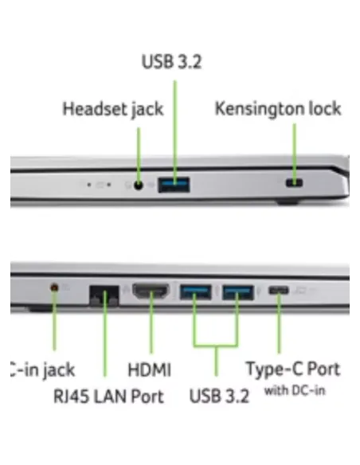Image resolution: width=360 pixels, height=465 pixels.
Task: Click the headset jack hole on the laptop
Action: [x=139, y=186]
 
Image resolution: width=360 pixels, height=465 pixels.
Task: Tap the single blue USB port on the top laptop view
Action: [x=174, y=185]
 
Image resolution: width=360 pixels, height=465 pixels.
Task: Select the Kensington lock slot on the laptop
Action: [x=294, y=182]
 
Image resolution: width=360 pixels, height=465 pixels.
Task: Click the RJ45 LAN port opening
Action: [x=104, y=295]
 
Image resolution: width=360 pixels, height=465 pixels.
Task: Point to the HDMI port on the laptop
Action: [x=151, y=291]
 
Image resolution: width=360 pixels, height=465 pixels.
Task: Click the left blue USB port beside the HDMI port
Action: [x=196, y=292]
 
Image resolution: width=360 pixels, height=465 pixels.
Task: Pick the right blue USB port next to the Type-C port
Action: [x=238, y=292]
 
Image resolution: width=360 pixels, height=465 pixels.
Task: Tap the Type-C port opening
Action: [x=278, y=290]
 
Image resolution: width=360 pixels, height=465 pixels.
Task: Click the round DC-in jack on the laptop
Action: [x=54, y=287]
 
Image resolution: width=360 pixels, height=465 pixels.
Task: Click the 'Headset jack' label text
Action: [x=113, y=109]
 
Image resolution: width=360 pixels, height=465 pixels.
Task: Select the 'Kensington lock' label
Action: [x=278, y=108]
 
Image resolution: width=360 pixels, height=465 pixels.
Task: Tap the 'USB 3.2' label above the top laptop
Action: [x=172, y=61]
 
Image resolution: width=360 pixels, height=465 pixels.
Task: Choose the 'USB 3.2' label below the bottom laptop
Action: [x=219, y=396]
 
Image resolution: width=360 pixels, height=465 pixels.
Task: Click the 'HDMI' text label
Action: [x=150, y=369]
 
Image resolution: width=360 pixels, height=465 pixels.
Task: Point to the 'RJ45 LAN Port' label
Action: [x=108, y=397]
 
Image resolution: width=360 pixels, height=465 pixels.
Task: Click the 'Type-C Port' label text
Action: [x=293, y=369]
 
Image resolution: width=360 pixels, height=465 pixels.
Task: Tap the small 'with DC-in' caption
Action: [x=295, y=390]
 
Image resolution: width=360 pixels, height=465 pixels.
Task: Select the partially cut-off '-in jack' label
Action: [x=42, y=370]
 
